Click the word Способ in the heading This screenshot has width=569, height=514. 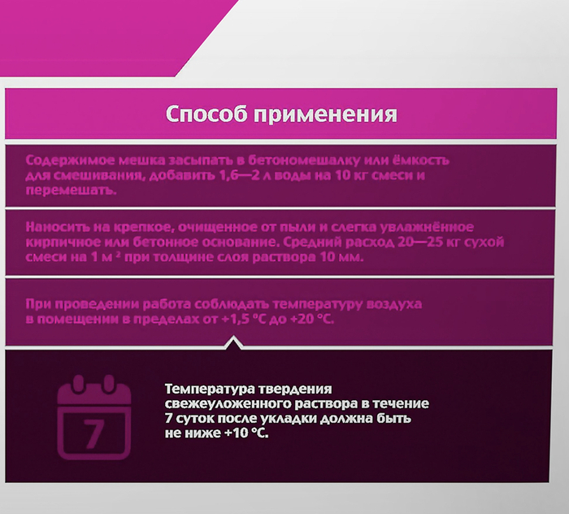point(206,114)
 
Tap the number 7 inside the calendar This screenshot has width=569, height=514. point(93,433)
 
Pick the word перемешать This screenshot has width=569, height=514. point(72,191)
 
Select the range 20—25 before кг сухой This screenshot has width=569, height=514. point(420,242)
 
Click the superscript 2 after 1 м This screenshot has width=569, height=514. point(118,255)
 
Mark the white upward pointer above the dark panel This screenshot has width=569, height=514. point(234,342)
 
